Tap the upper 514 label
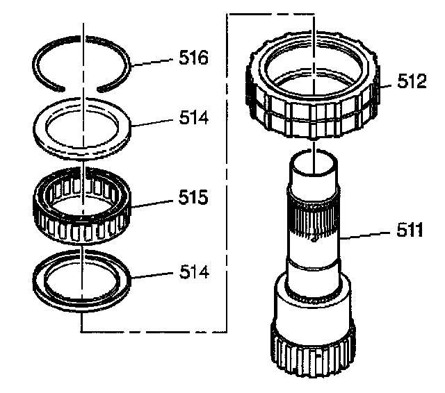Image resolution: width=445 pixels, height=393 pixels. pos(193,119)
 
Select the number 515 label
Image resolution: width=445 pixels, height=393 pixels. pos(193,199)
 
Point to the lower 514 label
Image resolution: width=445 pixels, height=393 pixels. pos(193,271)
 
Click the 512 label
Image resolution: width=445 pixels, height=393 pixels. pos(412,83)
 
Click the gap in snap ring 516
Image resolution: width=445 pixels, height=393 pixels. pos(81,87)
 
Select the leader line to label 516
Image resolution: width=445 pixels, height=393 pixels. pos(153,61)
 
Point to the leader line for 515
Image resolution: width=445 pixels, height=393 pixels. pos(153,203)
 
